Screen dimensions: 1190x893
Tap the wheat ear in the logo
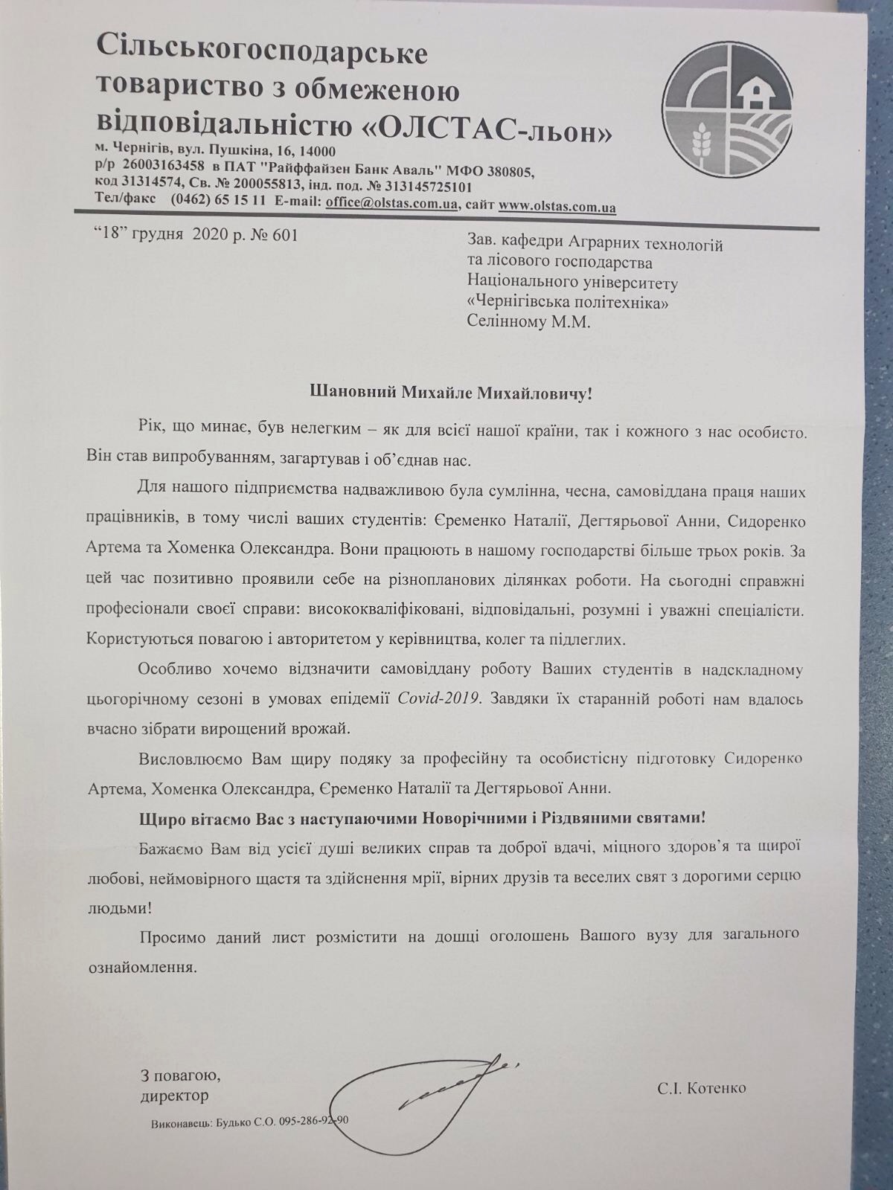coord(700,142)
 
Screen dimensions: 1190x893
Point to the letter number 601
coord(285,236)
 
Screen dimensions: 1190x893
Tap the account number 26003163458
coord(159,164)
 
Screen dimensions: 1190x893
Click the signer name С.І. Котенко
coord(701,1088)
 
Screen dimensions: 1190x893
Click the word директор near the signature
coord(174,1096)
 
